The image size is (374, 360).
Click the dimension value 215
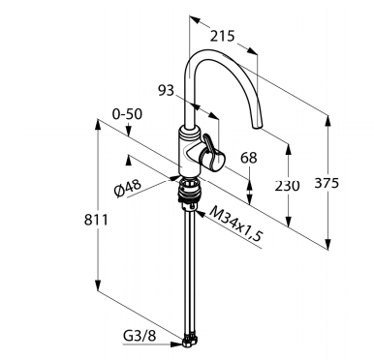(x=222, y=36)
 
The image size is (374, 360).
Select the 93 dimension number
(x=166, y=90)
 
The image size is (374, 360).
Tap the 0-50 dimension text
(x=127, y=114)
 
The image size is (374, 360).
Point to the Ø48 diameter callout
(x=128, y=189)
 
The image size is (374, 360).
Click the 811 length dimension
(x=96, y=220)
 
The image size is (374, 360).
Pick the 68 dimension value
(x=249, y=158)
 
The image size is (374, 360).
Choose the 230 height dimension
(x=287, y=186)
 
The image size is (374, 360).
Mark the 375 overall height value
(x=327, y=183)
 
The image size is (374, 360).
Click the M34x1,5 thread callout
(x=236, y=224)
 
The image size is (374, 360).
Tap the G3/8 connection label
(x=140, y=336)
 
